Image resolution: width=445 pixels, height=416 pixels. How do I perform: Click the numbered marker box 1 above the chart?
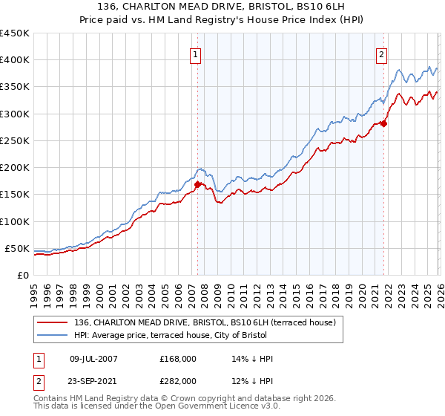(195, 54)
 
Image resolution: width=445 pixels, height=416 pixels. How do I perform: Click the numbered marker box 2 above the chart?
(381, 54)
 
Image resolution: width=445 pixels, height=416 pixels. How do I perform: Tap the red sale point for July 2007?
(197, 184)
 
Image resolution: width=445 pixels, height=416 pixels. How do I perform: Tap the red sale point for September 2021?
(383, 123)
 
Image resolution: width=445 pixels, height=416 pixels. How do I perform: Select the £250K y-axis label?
(15, 140)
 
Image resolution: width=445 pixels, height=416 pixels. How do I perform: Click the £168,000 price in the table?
(177, 359)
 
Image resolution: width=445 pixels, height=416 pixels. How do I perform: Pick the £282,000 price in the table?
(177, 380)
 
